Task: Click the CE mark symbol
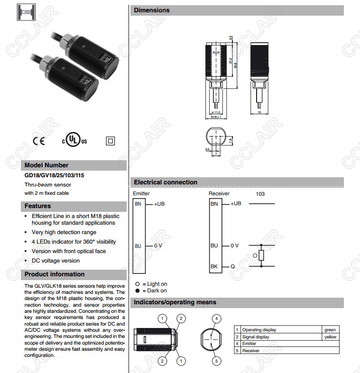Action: point(38,141)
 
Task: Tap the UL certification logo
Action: point(74,141)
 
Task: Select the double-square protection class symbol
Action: point(111,141)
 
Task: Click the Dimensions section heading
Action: point(151,10)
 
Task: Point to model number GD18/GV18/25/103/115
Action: point(55,175)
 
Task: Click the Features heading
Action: point(37,206)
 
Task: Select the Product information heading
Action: point(54,274)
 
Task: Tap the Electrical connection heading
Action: point(165,182)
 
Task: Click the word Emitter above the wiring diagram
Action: point(141,193)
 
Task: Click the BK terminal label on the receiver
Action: point(214,267)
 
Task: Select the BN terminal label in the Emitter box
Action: point(138,204)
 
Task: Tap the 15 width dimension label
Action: point(259,113)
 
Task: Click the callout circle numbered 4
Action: point(216,318)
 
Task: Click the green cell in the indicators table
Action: point(330,330)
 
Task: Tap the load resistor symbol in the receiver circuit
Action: point(261,256)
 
